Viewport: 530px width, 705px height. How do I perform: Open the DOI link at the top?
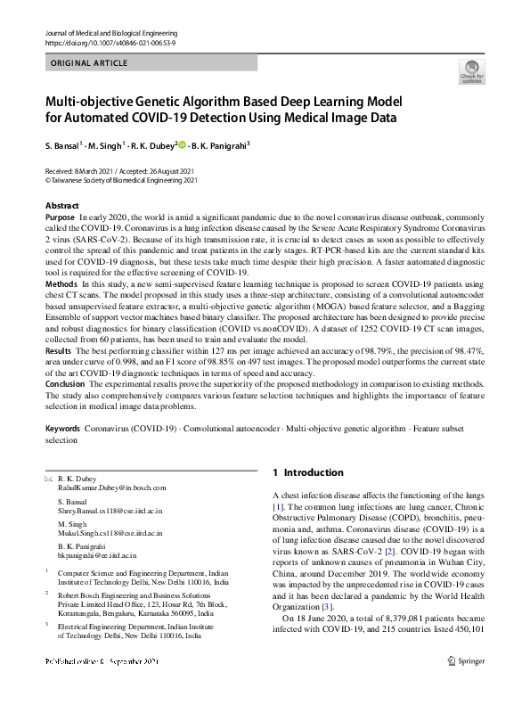[x=108, y=43]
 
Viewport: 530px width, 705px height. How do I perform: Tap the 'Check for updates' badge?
[x=471, y=71]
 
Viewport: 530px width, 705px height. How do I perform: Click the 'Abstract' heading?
[x=61, y=206]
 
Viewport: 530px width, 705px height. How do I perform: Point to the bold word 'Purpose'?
[x=60, y=217]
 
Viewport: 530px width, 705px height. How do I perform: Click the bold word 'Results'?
[x=60, y=353]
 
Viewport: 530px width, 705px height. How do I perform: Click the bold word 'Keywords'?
[x=62, y=429]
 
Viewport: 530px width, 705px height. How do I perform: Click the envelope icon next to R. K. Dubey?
[x=48, y=479]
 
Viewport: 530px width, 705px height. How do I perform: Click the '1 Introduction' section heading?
[x=307, y=472]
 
